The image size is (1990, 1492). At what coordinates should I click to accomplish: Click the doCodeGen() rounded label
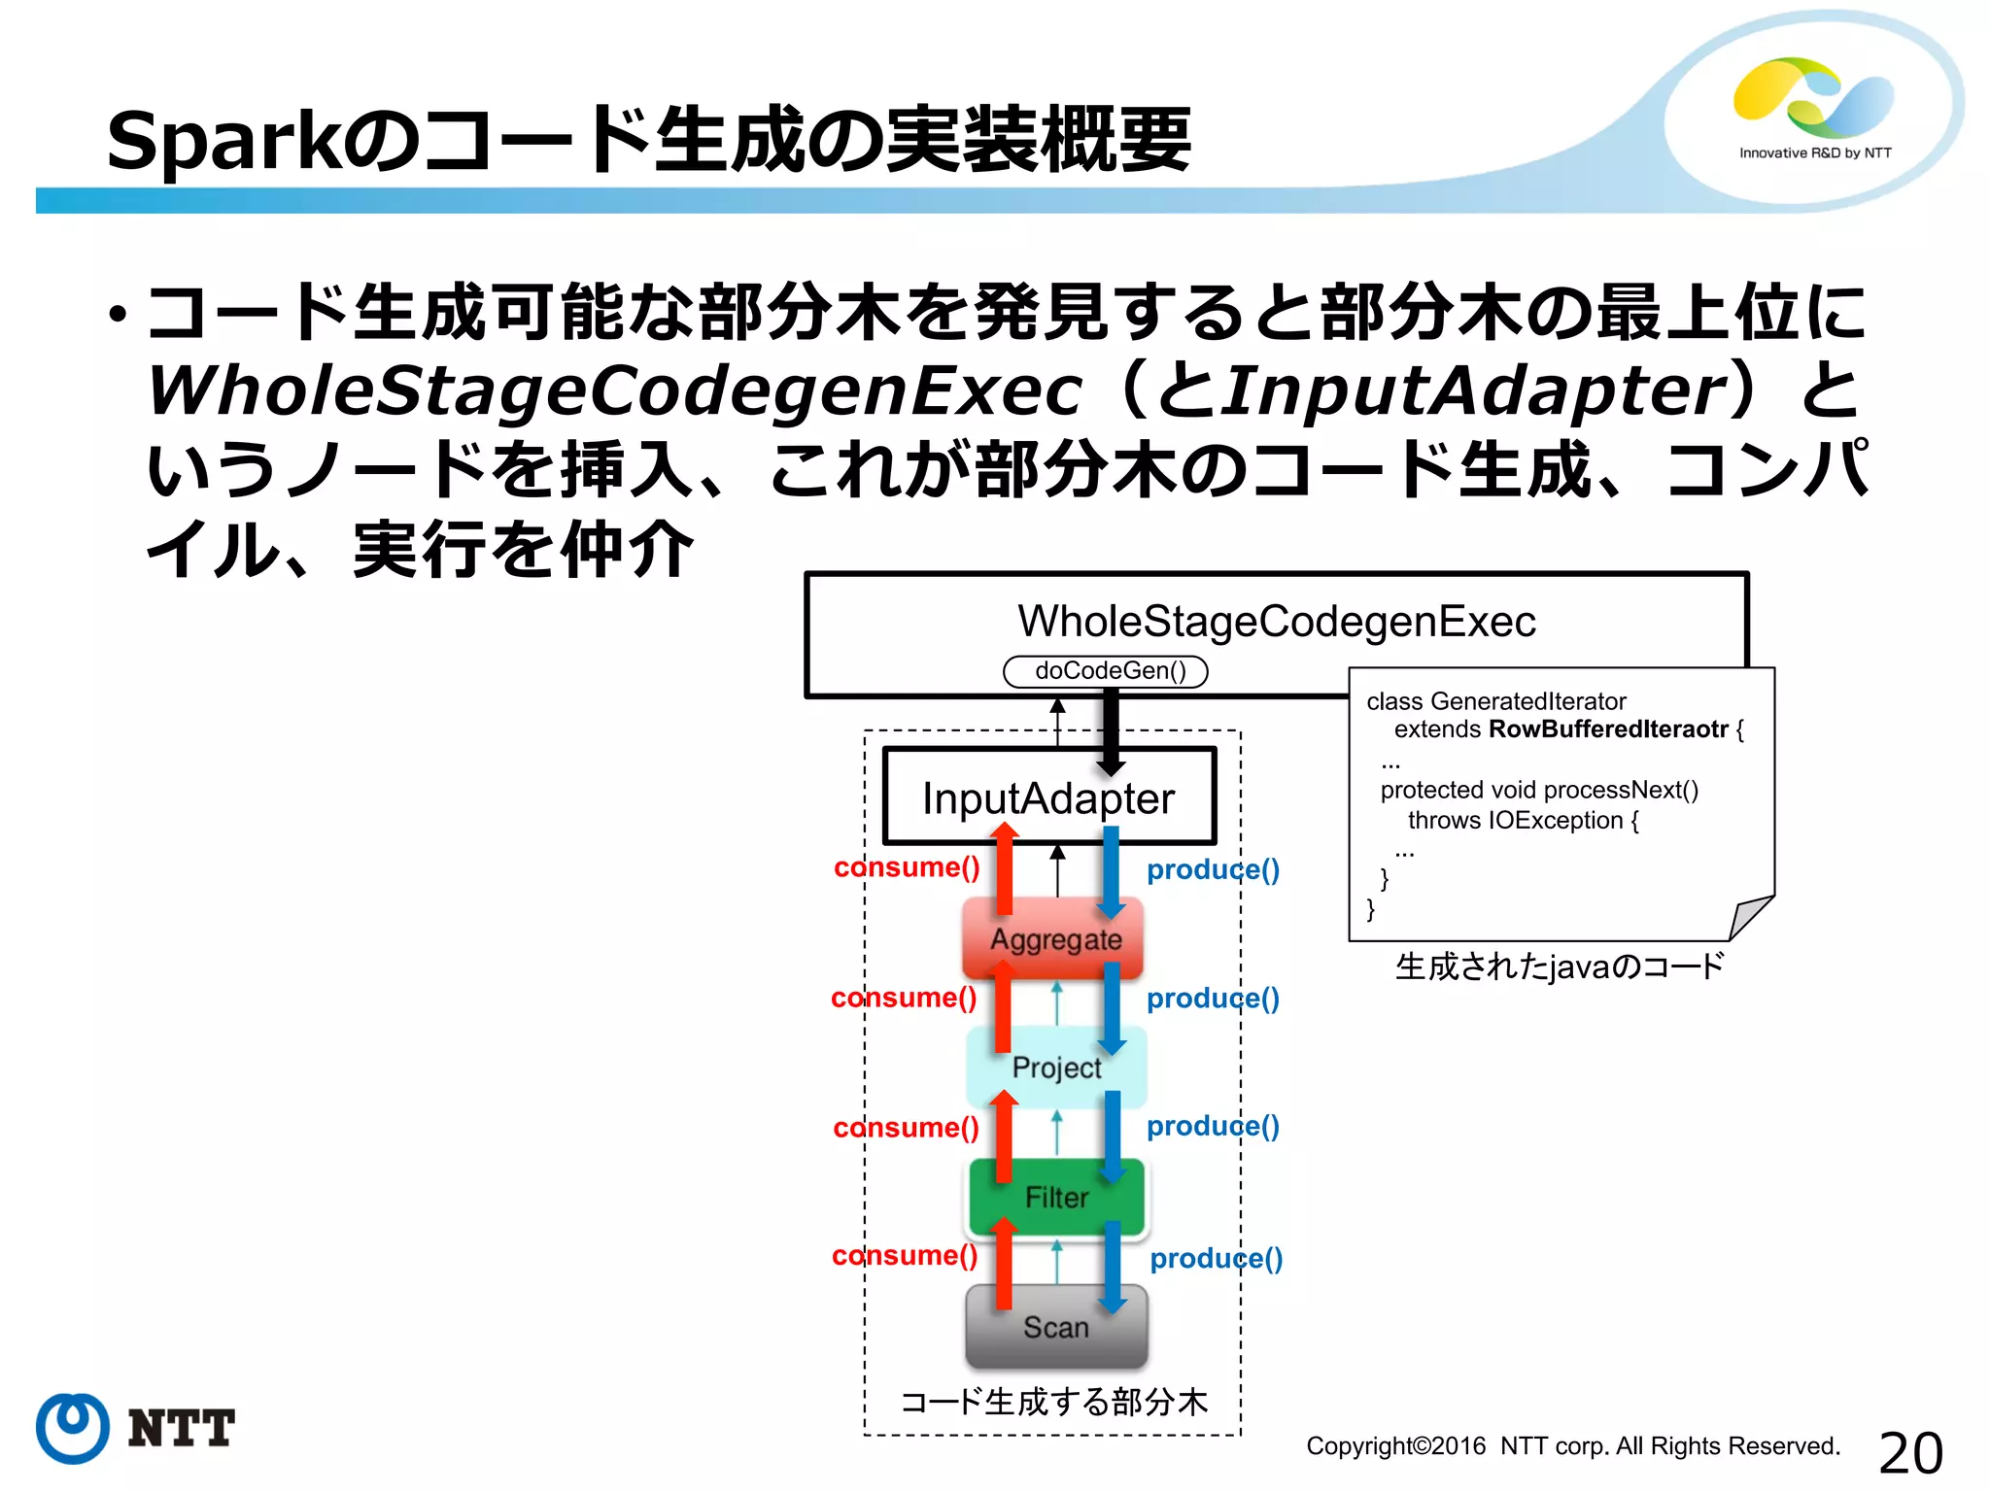1106,671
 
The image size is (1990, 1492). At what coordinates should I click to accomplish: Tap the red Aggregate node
1054,939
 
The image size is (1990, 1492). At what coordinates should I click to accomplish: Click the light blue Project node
1056,1068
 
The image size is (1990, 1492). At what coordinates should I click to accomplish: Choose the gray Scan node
1056,1327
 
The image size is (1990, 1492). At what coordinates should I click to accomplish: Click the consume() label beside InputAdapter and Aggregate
907,867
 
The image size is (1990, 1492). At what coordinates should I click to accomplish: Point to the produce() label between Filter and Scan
1216,1259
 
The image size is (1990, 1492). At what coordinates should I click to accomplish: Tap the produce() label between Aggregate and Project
1213,999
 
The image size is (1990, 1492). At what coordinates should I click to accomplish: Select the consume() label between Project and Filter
906,1128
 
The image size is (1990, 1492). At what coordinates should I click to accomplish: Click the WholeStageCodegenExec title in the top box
1277,622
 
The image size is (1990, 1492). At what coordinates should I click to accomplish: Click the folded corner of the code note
1751,917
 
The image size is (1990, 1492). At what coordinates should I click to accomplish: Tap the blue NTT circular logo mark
72,1427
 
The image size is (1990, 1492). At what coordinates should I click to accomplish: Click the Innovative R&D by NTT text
1815,153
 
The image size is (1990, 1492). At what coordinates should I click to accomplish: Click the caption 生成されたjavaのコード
1560,967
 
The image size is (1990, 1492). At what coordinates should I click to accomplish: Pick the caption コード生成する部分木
1054,1402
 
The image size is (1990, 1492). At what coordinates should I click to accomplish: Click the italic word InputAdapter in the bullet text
1473,391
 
